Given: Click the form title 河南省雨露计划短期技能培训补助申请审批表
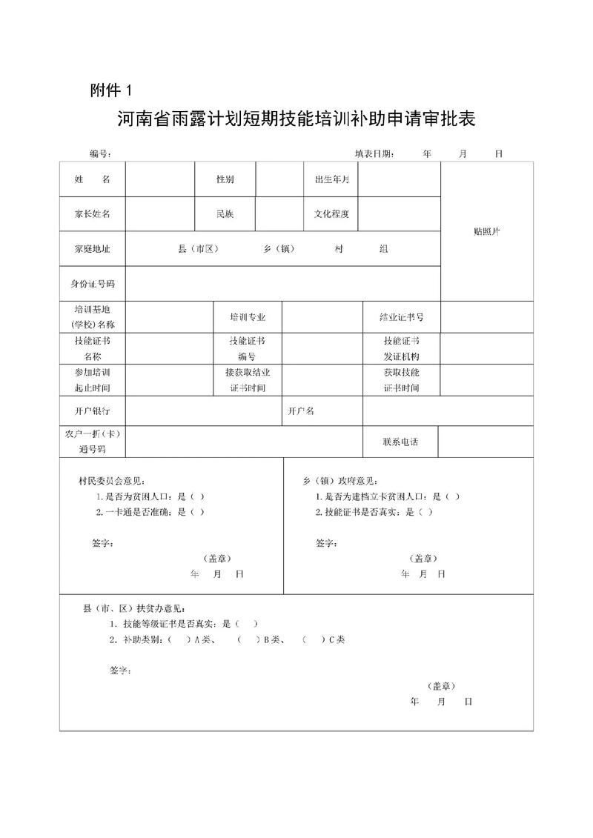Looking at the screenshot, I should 296,119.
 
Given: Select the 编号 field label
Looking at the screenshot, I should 100,154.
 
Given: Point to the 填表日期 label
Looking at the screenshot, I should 374,154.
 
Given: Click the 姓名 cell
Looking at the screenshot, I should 92,180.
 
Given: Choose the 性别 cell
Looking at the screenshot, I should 225,180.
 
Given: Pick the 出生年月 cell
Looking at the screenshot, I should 331,180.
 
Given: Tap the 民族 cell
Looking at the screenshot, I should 225,214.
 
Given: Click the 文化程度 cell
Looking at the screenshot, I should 331,214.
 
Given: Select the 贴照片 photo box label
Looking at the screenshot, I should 487,231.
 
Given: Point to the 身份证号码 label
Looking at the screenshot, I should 92,284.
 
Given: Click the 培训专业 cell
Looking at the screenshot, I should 248,317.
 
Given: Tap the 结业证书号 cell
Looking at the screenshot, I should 401,317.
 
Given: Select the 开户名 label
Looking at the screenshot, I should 301,410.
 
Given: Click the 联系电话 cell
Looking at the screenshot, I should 400,442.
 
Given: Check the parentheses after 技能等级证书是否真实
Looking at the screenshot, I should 246,624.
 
